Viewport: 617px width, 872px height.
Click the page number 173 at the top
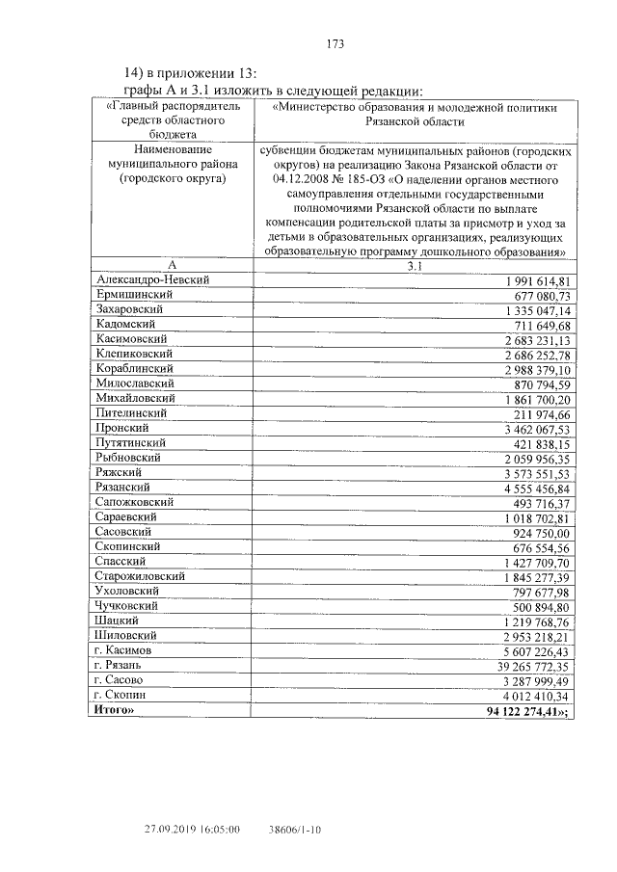tap(335, 44)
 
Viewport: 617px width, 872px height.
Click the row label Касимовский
tap(132, 339)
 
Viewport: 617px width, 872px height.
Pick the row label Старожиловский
tap(141, 576)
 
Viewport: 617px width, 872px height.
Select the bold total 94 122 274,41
tap(529, 711)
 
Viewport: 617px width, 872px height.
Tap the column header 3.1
tap(415, 264)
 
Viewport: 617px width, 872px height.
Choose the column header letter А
tap(171, 264)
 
